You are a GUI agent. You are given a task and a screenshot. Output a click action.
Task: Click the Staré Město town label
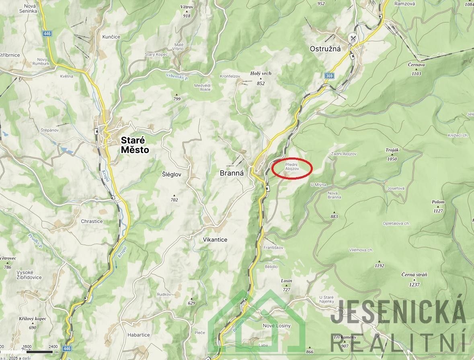pos(135,145)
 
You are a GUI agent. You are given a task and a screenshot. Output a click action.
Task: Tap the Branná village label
pos(232,174)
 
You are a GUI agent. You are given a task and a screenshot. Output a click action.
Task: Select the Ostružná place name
pos(325,49)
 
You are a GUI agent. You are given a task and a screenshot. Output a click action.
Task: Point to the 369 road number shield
pos(330,76)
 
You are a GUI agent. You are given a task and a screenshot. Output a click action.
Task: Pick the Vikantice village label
pos(215,240)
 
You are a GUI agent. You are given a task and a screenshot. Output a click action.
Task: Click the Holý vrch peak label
pos(261,74)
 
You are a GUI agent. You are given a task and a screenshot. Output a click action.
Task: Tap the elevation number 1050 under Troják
pos(392,159)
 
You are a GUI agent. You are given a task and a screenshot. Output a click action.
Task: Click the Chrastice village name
pos(92,221)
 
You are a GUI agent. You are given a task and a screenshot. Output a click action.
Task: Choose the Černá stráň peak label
pos(414,275)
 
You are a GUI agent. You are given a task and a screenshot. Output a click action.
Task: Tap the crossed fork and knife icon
pos(353,39)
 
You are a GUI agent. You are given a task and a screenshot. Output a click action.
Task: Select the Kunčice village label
pos(111,37)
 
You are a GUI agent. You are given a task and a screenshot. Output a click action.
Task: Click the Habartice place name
pos(138,335)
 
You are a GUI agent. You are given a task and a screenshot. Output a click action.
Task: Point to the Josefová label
pos(396,188)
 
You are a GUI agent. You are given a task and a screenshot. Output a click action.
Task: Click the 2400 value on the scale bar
pos(53,346)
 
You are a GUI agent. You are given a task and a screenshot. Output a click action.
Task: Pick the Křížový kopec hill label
pos(33,319)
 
